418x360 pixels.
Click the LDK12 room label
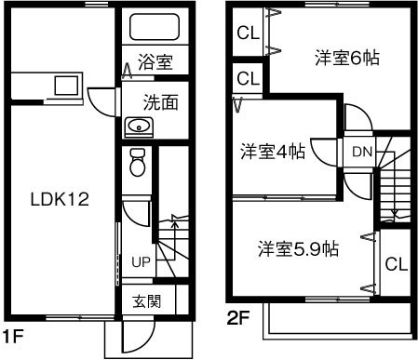pos(59,199)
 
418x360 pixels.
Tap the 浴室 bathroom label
pos(156,63)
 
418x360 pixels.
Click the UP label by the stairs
pos(142,261)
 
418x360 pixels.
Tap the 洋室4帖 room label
pos(270,150)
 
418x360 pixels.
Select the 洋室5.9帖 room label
pos(298,248)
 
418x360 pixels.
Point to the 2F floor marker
pos(238,318)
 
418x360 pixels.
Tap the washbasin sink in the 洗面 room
pos(139,127)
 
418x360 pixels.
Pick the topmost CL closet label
pos(247,34)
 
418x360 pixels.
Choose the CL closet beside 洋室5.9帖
pos(396,264)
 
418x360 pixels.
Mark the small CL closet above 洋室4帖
pos(247,78)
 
